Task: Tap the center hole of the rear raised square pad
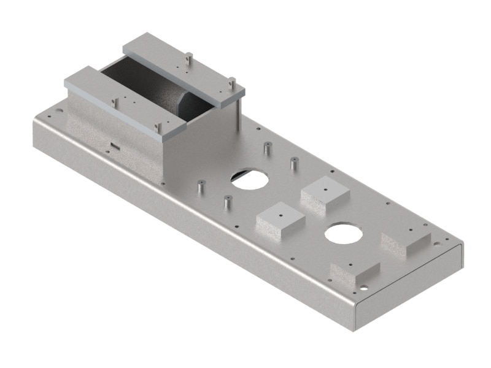325,190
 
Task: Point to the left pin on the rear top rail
189,58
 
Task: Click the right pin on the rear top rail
232,82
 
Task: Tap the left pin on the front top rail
115,103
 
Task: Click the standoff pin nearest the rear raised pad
294,164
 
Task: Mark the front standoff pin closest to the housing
200,186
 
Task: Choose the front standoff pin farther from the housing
227,201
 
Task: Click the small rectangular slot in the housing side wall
114,146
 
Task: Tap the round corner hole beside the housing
59,112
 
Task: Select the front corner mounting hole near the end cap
364,287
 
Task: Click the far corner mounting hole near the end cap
437,243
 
